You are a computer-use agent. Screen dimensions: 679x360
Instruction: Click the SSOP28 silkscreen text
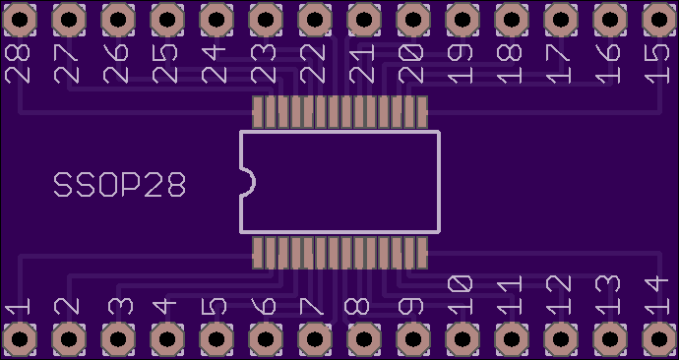(x=120, y=185)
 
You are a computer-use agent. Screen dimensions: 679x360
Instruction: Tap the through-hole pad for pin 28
(x=20, y=20)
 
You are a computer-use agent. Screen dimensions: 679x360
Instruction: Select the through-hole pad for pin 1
(x=20, y=339)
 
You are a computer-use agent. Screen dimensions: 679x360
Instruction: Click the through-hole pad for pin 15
(x=659, y=20)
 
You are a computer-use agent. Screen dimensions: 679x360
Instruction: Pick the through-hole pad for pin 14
(x=659, y=339)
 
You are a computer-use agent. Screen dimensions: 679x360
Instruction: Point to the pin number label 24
(x=214, y=65)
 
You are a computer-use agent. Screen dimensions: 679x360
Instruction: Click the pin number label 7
(x=312, y=306)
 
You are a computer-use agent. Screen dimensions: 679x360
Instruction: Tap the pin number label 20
(x=411, y=65)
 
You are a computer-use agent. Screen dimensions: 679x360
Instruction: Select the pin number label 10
(x=460, y=295)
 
